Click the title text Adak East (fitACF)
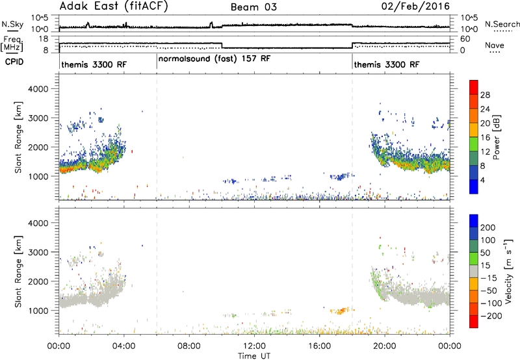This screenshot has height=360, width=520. click(113, 6)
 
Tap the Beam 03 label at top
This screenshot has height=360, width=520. click(253, 7)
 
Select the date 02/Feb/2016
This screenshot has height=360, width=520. click(415, 6)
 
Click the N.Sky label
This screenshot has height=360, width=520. click(12, 24)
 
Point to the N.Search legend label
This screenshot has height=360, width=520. click(502, 24)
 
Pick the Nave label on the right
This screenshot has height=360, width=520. click(495, 45)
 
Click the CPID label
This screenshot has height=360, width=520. click(14, 62)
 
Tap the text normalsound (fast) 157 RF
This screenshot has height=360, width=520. click(214, 59)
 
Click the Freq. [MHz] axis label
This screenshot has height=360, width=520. click(12, 44)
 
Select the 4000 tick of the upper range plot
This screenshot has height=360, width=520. click(38, 89)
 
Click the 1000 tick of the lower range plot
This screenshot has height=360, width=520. click(38, 311)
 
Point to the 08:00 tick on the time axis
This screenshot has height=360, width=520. click(189, 346)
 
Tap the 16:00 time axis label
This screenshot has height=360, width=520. click(319, 346)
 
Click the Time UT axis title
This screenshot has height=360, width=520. click(254, 356)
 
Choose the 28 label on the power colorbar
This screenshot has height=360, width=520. click(485, 95)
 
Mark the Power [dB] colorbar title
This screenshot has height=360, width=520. click(497, 137)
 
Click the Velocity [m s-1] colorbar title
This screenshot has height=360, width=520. click(508, 272)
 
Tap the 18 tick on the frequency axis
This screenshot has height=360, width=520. click(43, 39)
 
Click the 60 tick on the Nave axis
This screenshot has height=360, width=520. click(465, 39)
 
